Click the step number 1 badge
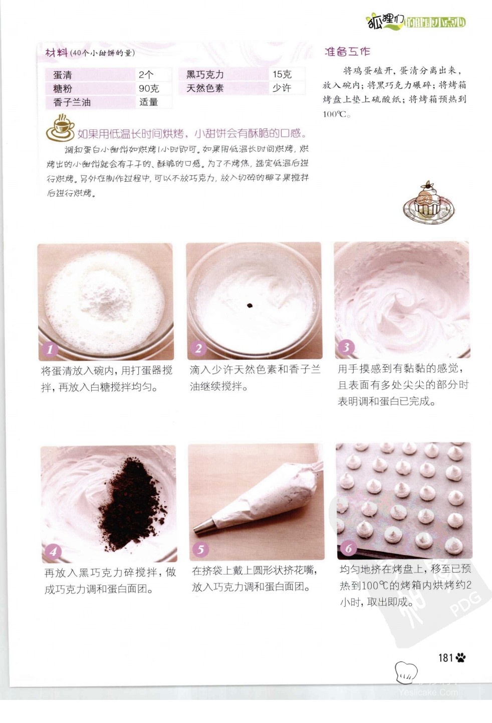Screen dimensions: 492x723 pyautogui.click(x=50, y=350)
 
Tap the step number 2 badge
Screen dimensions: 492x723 pyautogui.click(x=198, y=348)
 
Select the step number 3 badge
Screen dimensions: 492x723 pyautogui.click(x=346, y=347)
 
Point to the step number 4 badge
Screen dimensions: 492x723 pyautogui.click(x=53, y=551)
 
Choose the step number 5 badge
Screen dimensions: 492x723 pyautogui.click(x=200, y=549)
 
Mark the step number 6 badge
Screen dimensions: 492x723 pyautogui.click(x=348, y=548)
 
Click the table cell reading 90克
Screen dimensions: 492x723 pyautogui.click(x=153, y=88)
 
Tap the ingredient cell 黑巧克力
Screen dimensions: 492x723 pyautogui.click(x=223, y=75)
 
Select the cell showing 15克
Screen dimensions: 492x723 pyautogui.click(x=287, y=74)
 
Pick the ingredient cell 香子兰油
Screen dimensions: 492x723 pyautogui.click(x=90, y=102)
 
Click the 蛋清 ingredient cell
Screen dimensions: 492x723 pyautogui.click(x=90, y=75)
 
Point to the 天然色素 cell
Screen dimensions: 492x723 pyautogui.click(x=223, y=88)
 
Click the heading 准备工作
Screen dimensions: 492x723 pyautogui.click(x=347, y=52)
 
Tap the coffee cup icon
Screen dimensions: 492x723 pyautogui.click(x=60, y=128)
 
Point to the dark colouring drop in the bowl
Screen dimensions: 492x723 pyautogui.click(x=249, y=306)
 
